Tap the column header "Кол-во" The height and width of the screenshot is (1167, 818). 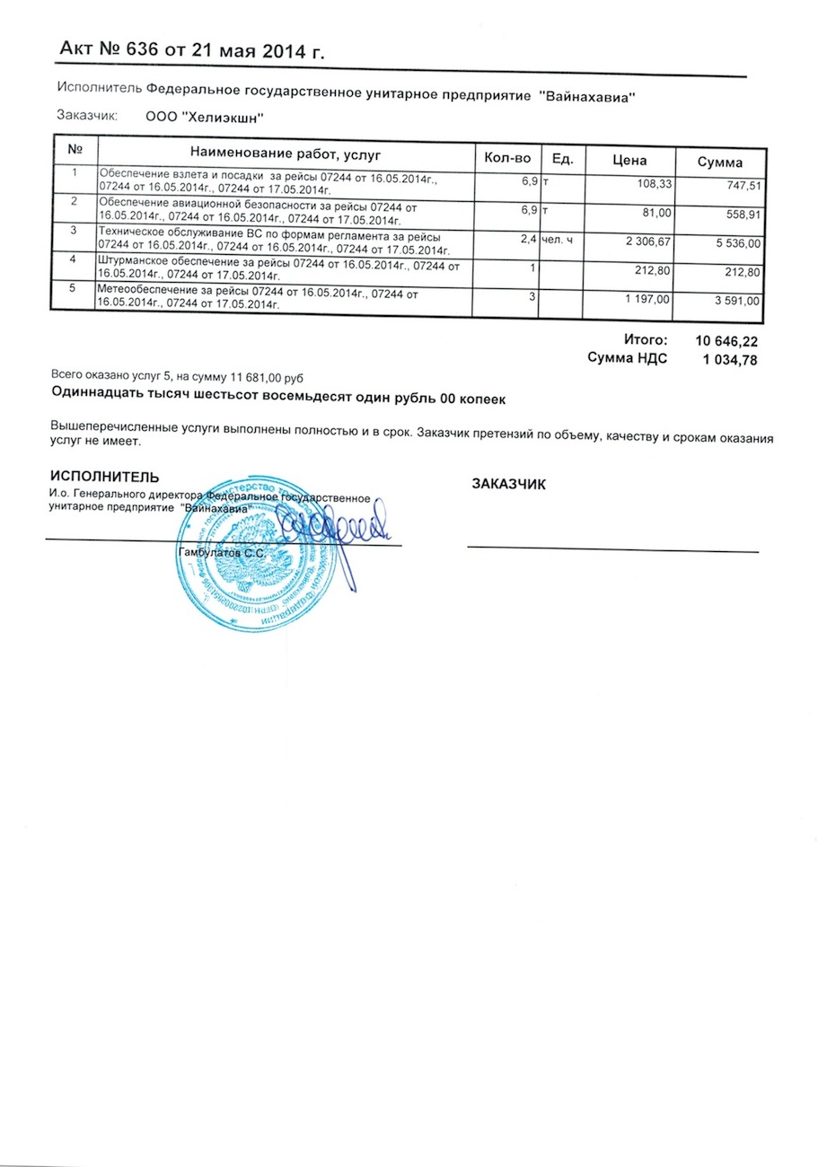[508, 159]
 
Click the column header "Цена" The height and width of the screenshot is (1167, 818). [629, 162]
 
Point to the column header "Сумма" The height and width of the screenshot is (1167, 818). [720, 162]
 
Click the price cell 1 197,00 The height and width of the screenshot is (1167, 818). [645, 299]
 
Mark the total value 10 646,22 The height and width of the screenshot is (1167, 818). [721, 341]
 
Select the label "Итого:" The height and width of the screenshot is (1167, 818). [646, 340]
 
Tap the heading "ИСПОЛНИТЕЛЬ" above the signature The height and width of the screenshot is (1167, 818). [105, 477]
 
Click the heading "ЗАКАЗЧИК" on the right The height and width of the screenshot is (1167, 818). [509, 484]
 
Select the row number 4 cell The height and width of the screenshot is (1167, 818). [74, 260]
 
